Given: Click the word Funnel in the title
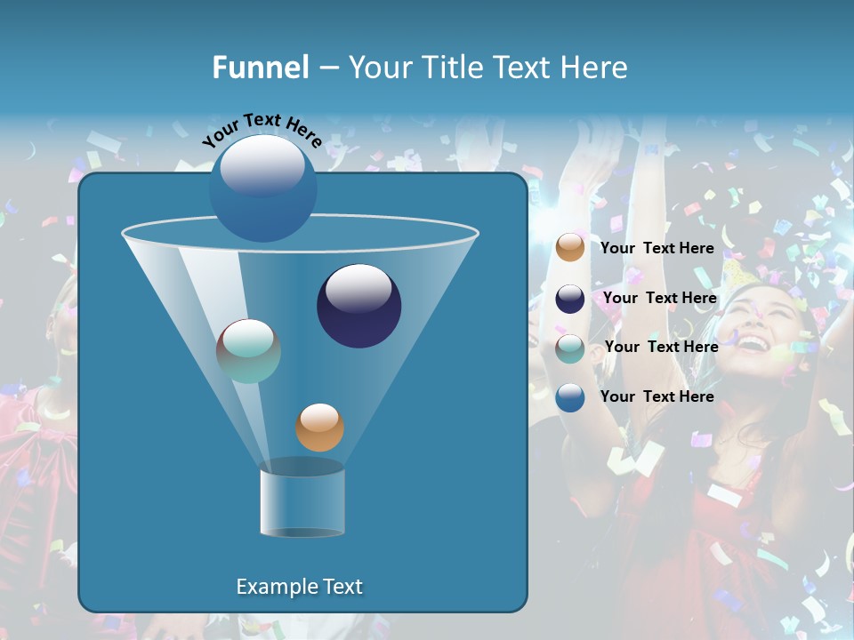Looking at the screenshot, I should tap(260, 68).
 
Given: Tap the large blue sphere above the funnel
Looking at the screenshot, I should tap(262, 188).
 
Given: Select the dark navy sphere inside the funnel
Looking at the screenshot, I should tap(359, 306).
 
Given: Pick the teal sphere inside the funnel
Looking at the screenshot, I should tap(248, 350).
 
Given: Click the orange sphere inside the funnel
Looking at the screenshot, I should tap(319, 428).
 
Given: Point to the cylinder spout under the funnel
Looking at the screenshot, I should tap(302, 502).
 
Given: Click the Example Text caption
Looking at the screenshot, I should tap(299, 587).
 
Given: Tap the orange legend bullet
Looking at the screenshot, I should tap(570, 248).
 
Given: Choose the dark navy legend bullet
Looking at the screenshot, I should tap(570, 299).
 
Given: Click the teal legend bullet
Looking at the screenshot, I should tap(570, 348).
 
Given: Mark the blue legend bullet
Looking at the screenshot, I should tap(570, 397).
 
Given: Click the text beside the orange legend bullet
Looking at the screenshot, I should tap(657, 248).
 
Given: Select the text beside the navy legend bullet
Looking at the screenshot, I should tap(660, 298).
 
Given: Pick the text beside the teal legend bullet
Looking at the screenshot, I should tap(662, 347).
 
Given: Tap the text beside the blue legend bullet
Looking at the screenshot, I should tap(657, 396).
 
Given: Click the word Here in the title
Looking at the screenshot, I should tap(595, 68).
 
